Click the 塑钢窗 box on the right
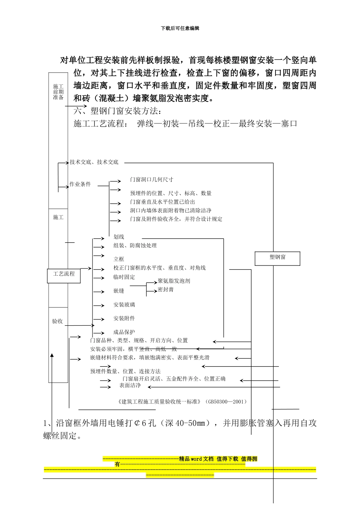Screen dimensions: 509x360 point(278,258)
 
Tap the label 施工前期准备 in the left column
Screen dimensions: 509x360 point(58,92)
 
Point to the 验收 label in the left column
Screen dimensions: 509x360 point(58,322)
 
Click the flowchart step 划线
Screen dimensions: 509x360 point(119,237)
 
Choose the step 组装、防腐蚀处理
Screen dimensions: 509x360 point(135,246)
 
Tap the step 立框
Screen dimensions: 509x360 point(119,259)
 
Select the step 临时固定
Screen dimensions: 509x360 point(124,277)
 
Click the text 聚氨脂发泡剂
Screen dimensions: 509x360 point(174,281)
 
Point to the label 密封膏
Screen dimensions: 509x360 point(166,290)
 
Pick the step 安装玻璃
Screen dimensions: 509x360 point(124,305)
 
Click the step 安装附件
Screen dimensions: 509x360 point(124,319)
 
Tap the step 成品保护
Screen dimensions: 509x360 point(124,332)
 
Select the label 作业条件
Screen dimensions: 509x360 point(80,184)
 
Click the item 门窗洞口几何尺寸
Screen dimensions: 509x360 point(152,180)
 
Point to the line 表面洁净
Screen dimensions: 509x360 point(130,386)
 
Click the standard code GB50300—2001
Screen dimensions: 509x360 point(227,402)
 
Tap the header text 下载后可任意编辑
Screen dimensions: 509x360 point(180,28)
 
